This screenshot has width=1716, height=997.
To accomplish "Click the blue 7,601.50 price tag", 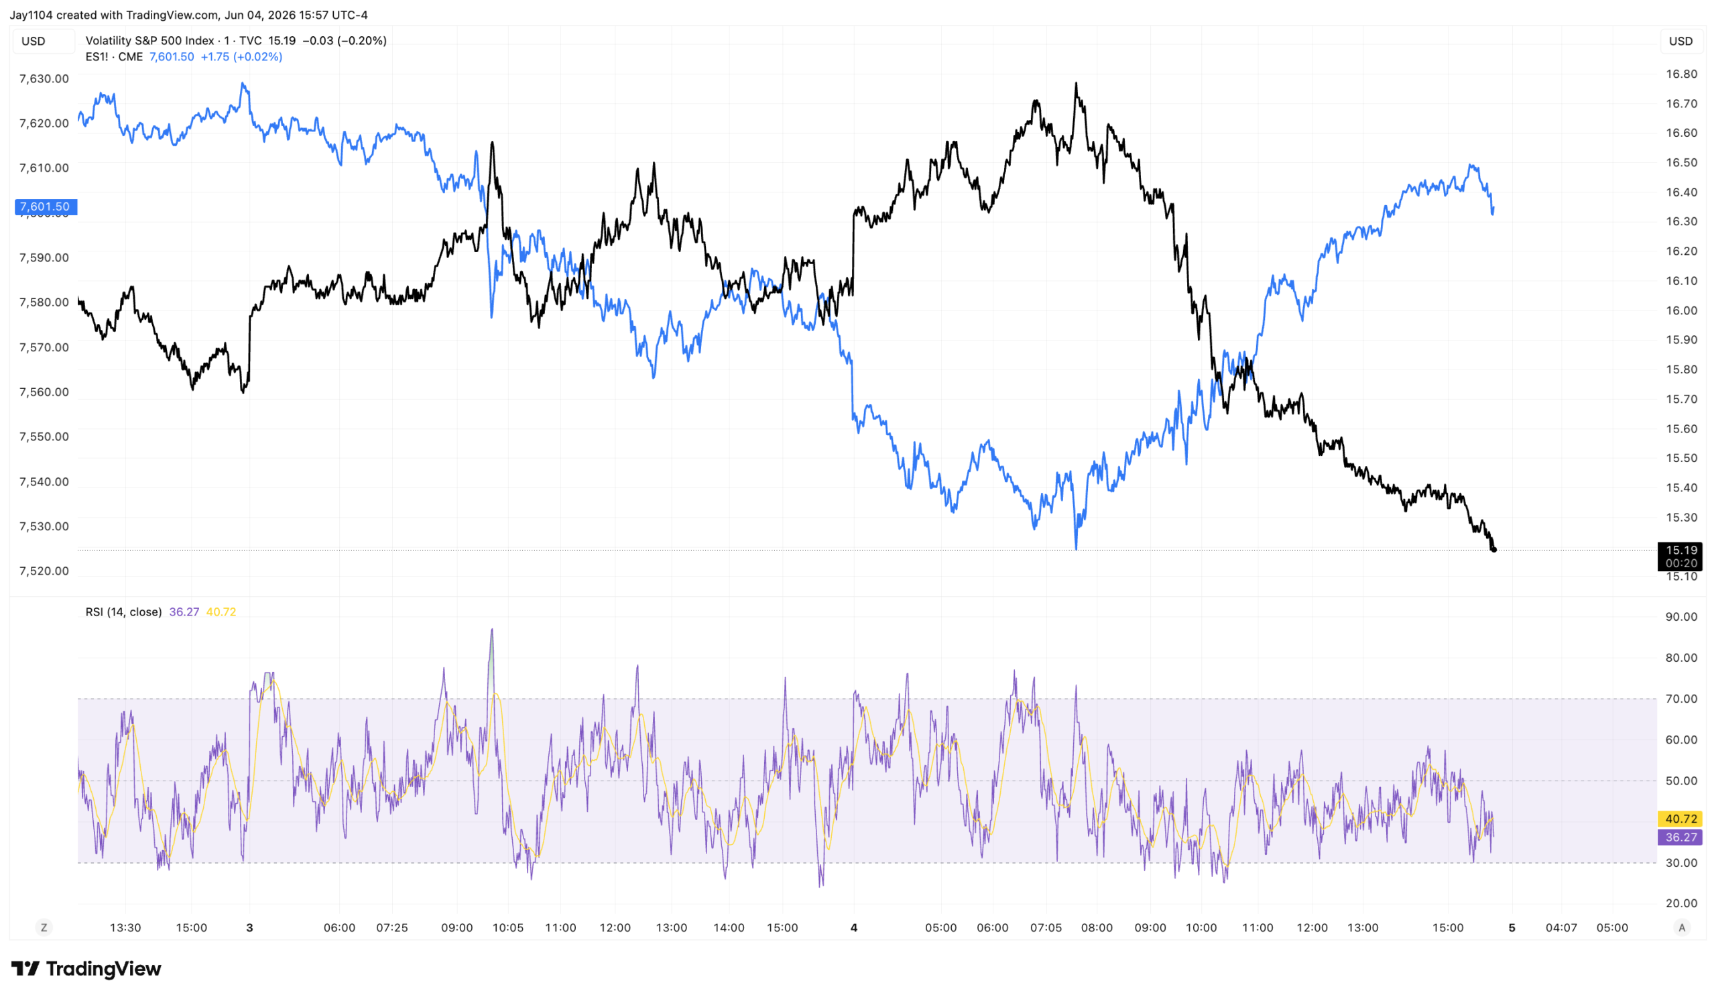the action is [46, 207].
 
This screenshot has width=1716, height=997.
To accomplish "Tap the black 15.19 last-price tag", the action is [1680, 556].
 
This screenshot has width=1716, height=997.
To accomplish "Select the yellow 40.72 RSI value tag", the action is [1680, 819].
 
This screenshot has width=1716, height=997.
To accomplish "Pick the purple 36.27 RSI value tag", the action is [1680, 837].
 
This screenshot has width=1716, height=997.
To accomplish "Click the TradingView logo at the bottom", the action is [86, 968].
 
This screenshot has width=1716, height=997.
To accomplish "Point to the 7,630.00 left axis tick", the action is [44, 78].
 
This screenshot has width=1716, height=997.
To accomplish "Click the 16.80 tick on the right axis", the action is [1681, 74].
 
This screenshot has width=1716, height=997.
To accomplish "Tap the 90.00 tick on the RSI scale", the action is [1681, 616].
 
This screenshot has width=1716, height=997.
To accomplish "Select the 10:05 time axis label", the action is [508, 927].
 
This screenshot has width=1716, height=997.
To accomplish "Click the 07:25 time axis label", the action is [392, 927].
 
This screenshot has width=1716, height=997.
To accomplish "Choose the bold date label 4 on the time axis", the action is [854, 927].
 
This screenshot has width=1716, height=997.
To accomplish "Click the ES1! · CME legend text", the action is [115, 56].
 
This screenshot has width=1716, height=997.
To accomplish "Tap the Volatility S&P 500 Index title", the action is [149, 41].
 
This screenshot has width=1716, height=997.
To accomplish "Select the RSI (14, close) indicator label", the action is [123, 611].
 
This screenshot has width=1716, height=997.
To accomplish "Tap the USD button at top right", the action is [1680, 41].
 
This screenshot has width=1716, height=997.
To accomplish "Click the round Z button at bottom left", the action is [44, 927].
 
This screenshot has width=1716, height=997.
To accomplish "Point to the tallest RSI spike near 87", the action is [491, 631].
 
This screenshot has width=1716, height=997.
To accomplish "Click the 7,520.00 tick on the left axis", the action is [44, 571].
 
